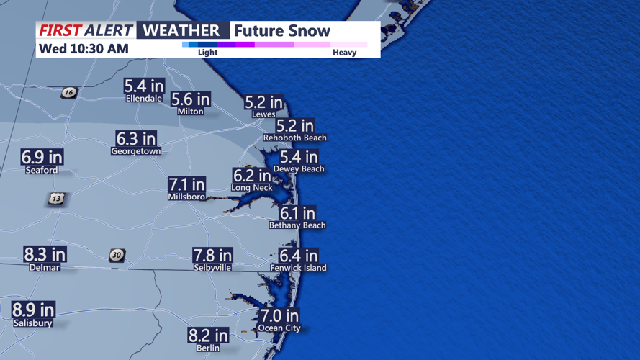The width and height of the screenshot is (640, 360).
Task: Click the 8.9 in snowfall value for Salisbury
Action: [33, 310]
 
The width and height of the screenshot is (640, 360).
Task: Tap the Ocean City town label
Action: [279, 328]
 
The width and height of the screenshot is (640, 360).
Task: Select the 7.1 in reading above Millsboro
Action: [186, 184]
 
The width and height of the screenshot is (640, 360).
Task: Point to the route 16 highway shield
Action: [68, 92]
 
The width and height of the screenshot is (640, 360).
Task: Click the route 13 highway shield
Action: [57, 199]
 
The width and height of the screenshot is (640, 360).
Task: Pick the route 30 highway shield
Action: [117, 255]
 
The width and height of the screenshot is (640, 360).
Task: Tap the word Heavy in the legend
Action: [344, 53]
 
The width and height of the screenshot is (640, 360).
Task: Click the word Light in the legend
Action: [207, 53]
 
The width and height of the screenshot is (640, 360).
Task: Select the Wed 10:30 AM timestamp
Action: [84, 49]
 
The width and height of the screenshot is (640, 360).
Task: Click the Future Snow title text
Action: [282, 30]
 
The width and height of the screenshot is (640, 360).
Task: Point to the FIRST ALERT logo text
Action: [86, 30]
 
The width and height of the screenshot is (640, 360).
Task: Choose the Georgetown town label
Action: [136, 151]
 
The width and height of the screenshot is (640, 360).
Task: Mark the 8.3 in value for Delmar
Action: [45, 254]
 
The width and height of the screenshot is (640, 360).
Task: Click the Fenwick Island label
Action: [298, 268]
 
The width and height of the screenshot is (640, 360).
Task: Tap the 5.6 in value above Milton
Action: [191, 99]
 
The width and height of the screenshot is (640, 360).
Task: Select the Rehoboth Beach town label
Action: [294, 138]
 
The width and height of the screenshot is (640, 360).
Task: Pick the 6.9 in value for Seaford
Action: [42, 157]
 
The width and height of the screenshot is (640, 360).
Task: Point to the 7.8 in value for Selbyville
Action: [212, 255]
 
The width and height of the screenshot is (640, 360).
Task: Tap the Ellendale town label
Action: [144, 99]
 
